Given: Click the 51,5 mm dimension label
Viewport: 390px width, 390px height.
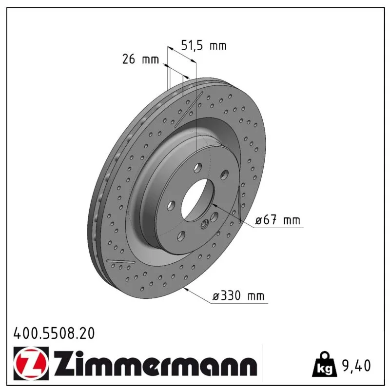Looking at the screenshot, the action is pos(204,45).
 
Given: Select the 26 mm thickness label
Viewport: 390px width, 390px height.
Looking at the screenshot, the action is pos(140,59).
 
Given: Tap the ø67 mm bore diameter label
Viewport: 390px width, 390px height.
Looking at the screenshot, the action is pos(277,220).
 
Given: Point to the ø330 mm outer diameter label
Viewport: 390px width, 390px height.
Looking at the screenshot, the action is pos(238,296).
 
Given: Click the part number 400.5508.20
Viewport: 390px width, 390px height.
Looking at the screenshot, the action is pos(54,333).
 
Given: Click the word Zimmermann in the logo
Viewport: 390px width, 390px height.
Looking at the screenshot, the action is pos(155,363).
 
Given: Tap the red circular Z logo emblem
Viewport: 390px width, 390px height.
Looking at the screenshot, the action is pos(31,363).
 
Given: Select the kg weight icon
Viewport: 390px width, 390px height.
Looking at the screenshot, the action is pos(325,364).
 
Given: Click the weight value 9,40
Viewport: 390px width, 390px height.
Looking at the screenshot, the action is pos(356,365).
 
